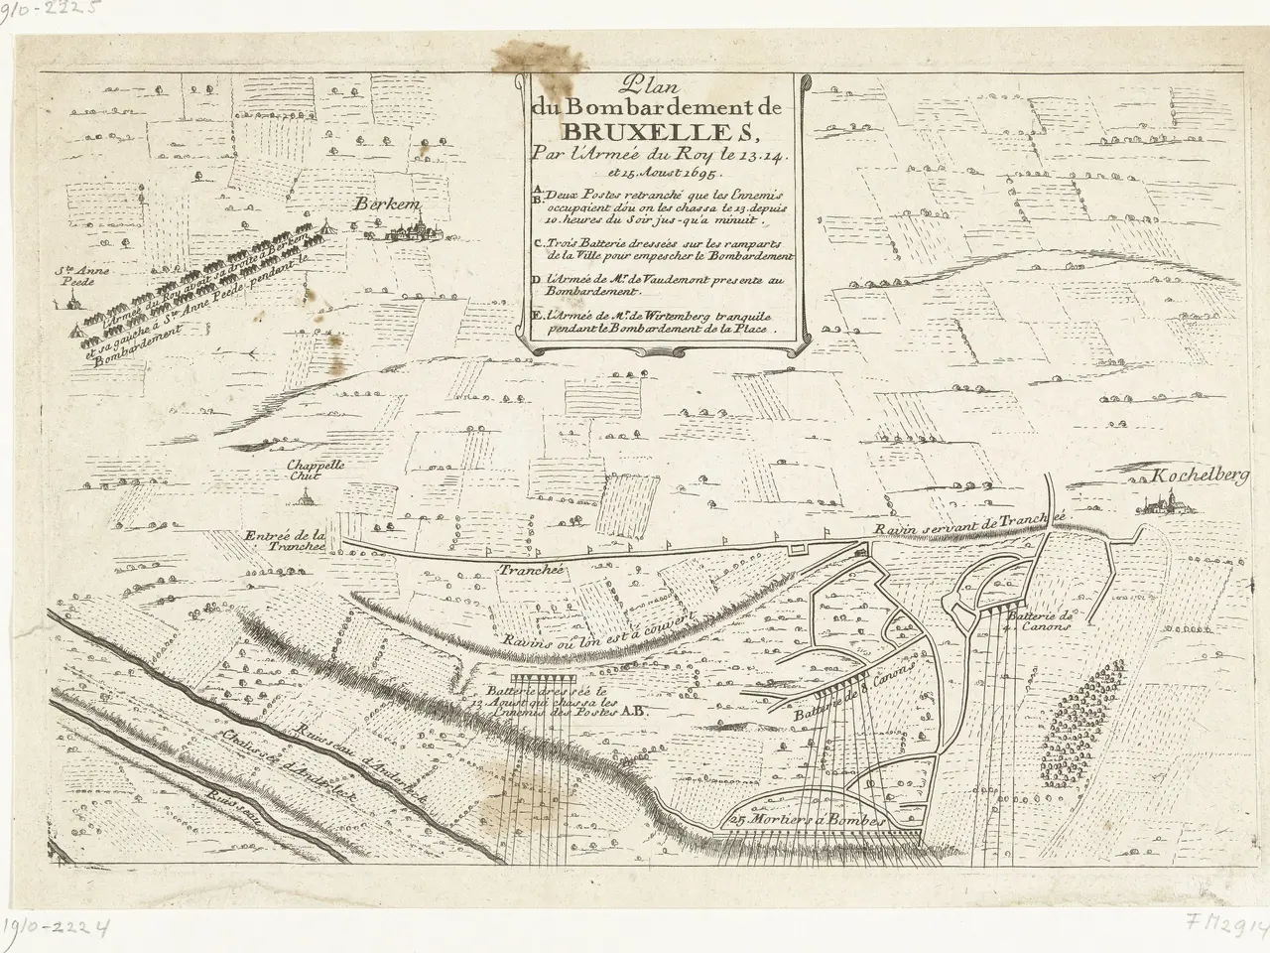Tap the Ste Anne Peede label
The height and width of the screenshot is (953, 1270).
[x=77, y=275]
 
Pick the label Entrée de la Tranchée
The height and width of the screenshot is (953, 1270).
[x=283, y=539]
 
